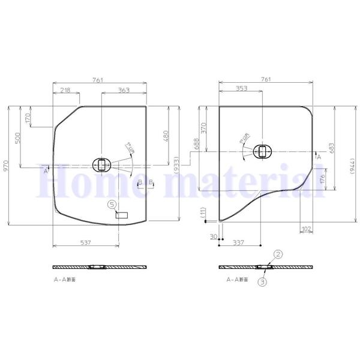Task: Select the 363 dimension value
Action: (124, 90)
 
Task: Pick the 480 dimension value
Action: (166, 137)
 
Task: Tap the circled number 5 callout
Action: (112, 204)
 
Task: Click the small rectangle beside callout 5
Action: (122, 214)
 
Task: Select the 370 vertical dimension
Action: (203, 127)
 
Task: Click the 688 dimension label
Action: (196, 143)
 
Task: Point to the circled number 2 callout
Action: (278, 254)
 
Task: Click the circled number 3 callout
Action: (262, 280)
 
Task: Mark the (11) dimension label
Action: (203, 212)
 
